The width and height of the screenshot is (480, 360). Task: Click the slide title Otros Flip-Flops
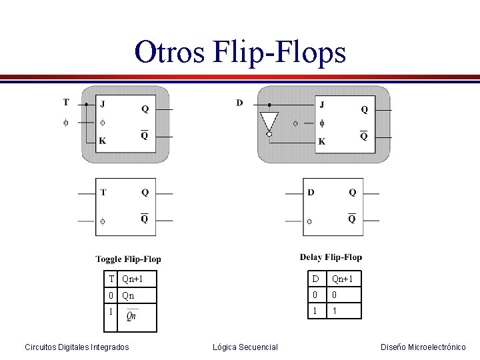[x=240, y=52]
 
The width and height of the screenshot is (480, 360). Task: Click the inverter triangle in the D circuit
[x=269, y=123]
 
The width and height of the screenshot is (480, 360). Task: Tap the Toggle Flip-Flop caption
[x=128, y=259]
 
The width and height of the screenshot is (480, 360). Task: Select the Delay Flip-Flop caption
[x=331, y=257]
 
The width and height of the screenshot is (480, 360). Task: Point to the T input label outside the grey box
[x=65, y=103]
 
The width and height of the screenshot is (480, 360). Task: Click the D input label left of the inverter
[x=239, y=103]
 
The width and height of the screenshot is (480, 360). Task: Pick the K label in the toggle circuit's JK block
[x=102, y=141]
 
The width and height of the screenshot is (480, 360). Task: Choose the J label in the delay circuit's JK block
[x=322, y=105]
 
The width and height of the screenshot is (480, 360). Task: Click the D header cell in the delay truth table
[x=315, y=278]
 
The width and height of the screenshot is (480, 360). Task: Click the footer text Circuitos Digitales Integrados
[x=77, y=347]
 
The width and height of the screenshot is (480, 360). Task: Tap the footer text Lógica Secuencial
[x=245, y=347]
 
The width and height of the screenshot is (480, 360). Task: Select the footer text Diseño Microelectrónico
[x=423, y=347]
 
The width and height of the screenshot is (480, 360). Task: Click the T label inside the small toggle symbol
[x=103, y=193]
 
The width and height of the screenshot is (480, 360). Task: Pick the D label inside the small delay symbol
[x=311, y=193]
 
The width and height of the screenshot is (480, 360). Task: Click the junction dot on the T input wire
[x=86, y=104]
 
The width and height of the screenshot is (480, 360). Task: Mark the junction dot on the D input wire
[x=269, y=105]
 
